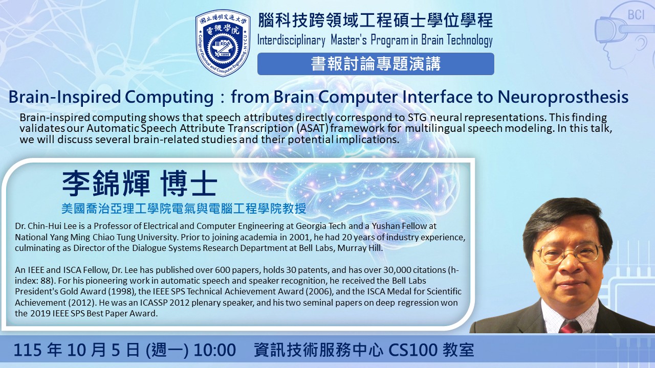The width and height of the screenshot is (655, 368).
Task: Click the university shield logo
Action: [x=223, y=43]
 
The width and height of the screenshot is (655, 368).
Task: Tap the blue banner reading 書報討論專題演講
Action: [x=376, y=64]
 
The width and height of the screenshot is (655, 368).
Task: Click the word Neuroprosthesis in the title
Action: [x=563, y=97]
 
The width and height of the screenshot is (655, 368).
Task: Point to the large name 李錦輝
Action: [x=106, y=183]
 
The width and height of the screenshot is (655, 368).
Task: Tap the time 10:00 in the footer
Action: [x=214, y=350]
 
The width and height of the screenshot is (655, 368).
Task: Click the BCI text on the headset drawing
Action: [x=636, y=15]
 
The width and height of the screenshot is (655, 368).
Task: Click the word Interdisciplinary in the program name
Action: [x=291, y=40]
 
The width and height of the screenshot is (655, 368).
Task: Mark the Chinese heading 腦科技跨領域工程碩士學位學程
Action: [x=376, y=20]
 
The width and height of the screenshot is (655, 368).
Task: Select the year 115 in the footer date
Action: [x=28, y=350]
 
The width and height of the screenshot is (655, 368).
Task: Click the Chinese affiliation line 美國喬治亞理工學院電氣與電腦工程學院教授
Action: [x=184, y=209]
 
